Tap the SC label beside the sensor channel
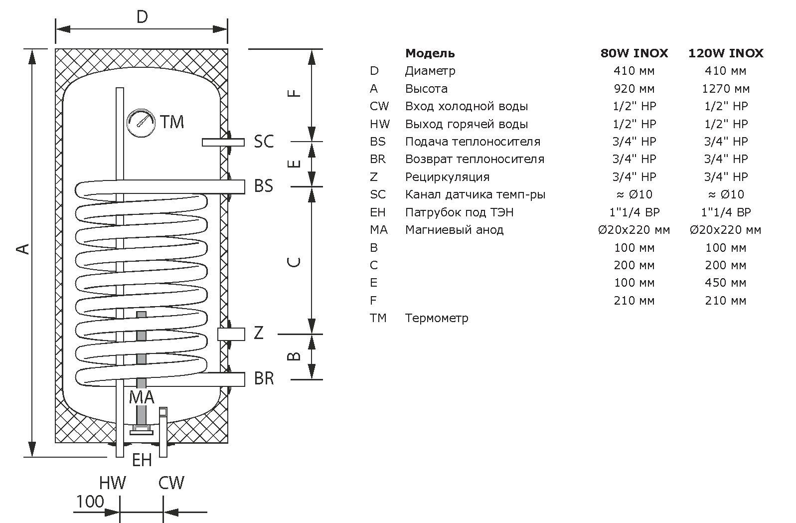264,141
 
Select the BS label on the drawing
264,185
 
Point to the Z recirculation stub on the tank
231,334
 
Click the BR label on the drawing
264,378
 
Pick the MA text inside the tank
142,397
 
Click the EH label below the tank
142,460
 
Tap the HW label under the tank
112,483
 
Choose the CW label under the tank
171,483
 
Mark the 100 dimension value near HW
90,502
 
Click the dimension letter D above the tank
142,17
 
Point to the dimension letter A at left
22,249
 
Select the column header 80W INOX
634,53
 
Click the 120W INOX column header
726,53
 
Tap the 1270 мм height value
726,89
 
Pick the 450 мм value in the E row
726,283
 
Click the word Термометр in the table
437,318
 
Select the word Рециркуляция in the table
448,177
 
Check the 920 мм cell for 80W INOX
634,89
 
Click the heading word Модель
430,53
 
